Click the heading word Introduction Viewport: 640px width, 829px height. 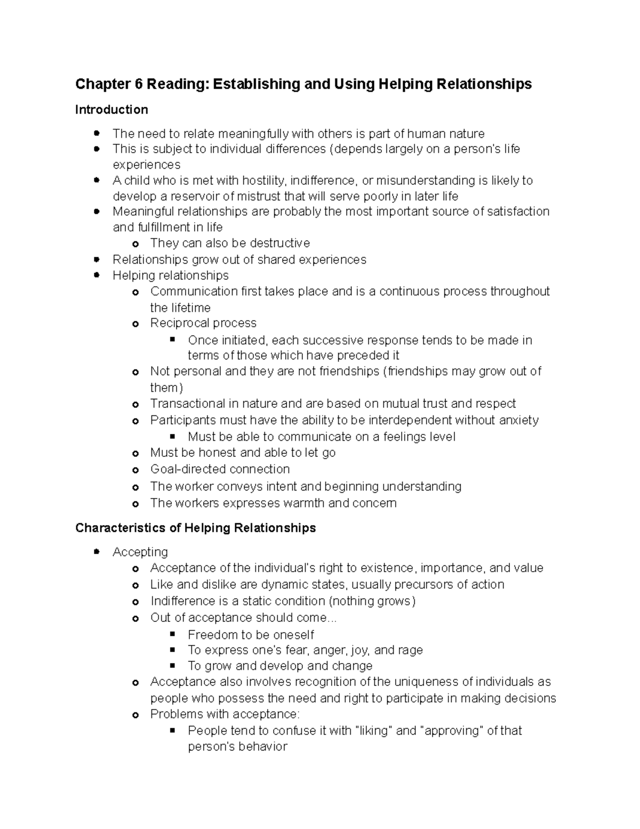pyautogui.click(x=111, y=110)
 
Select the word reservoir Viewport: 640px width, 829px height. pyautogui.click(x=193, y=196)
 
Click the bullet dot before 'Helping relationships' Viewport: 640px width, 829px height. pyautogui.click(x=97, y=275)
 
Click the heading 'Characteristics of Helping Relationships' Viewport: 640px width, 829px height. pyautogui.click(x=195, y=528)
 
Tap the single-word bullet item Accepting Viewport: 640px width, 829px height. pyautogui.click(x=140, y=552)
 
